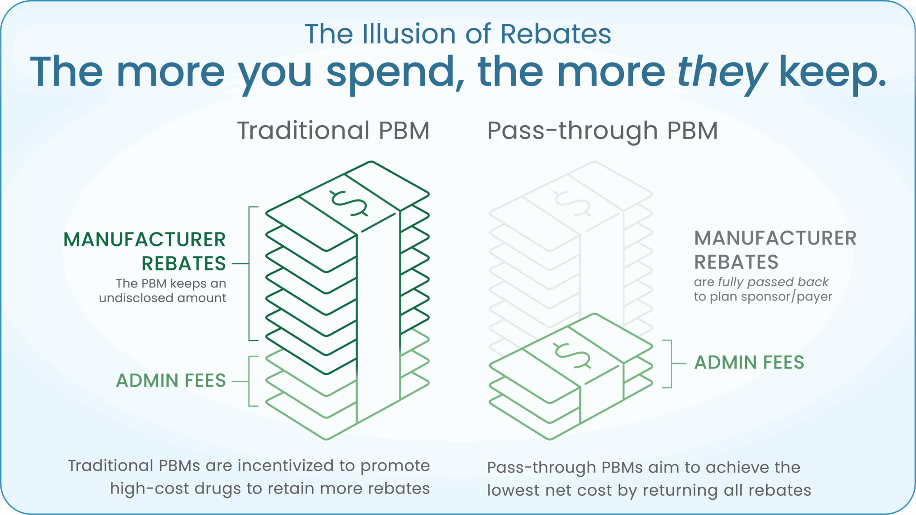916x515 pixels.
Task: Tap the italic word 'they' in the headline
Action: tap(722, 72)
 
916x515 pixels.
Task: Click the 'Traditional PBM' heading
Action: tap(333, 131)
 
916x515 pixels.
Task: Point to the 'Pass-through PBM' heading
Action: tap(602, 131)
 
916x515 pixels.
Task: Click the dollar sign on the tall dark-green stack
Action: tap(349, 203)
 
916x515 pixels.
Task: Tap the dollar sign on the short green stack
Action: tap(573, 355)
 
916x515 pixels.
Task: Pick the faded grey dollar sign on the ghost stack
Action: tap(573, 203)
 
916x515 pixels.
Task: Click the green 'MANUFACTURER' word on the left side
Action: tap(144, 240)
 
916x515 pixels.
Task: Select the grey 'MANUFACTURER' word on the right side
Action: tap(775, 238)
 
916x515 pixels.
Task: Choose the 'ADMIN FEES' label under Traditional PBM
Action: tap(171, 381)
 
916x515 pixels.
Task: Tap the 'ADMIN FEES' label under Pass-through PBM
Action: tap(749, 363)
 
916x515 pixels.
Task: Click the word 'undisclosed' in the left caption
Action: tap(139, 298)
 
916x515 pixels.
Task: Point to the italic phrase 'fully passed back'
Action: tap(773, 282)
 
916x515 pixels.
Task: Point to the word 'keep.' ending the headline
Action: tap(832, 72)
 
